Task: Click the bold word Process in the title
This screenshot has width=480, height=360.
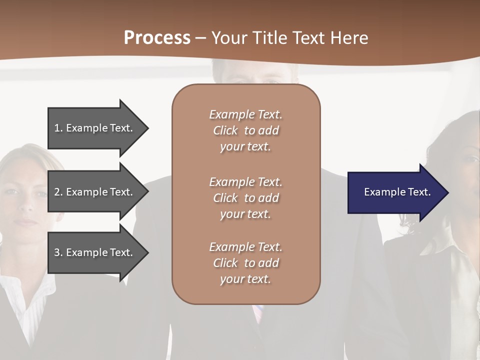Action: pyautogui.click(x=157, y=38)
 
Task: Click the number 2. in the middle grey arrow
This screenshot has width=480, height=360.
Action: pyautogui.click(x=58, y=192)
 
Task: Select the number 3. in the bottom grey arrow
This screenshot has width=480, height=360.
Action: pyautogui.click(x=58, y=252)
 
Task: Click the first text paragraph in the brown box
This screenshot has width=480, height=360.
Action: pyautogui.click(x=245, y=130)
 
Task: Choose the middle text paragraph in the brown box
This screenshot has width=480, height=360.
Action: pyautogui.click(x=245, y=197)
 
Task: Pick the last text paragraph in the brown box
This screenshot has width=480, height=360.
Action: pyautogui.click(x=245, y=263)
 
